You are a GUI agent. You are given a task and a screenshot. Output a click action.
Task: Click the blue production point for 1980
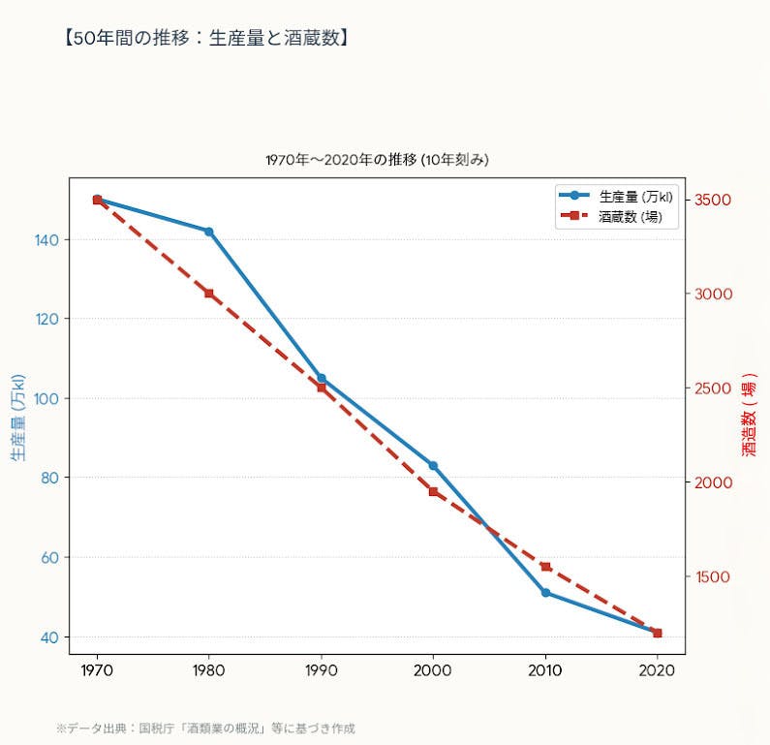tap(208, 232)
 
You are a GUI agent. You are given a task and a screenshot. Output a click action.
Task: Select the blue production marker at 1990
tap(322, 378)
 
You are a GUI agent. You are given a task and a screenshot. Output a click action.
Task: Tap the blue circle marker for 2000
tap(433, 466)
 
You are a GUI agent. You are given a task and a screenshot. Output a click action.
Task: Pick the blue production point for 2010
tap(545, 592)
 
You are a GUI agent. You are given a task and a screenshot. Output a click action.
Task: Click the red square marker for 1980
tap(208, 294)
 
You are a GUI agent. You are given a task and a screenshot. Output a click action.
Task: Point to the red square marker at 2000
tap(433, 491)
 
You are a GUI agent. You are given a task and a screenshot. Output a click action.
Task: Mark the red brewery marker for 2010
tap(545, 567)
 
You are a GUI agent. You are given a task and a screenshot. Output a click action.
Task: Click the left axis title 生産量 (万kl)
tap(17, 417)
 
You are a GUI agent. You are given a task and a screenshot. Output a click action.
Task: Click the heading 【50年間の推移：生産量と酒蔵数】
tap(204, 39)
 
